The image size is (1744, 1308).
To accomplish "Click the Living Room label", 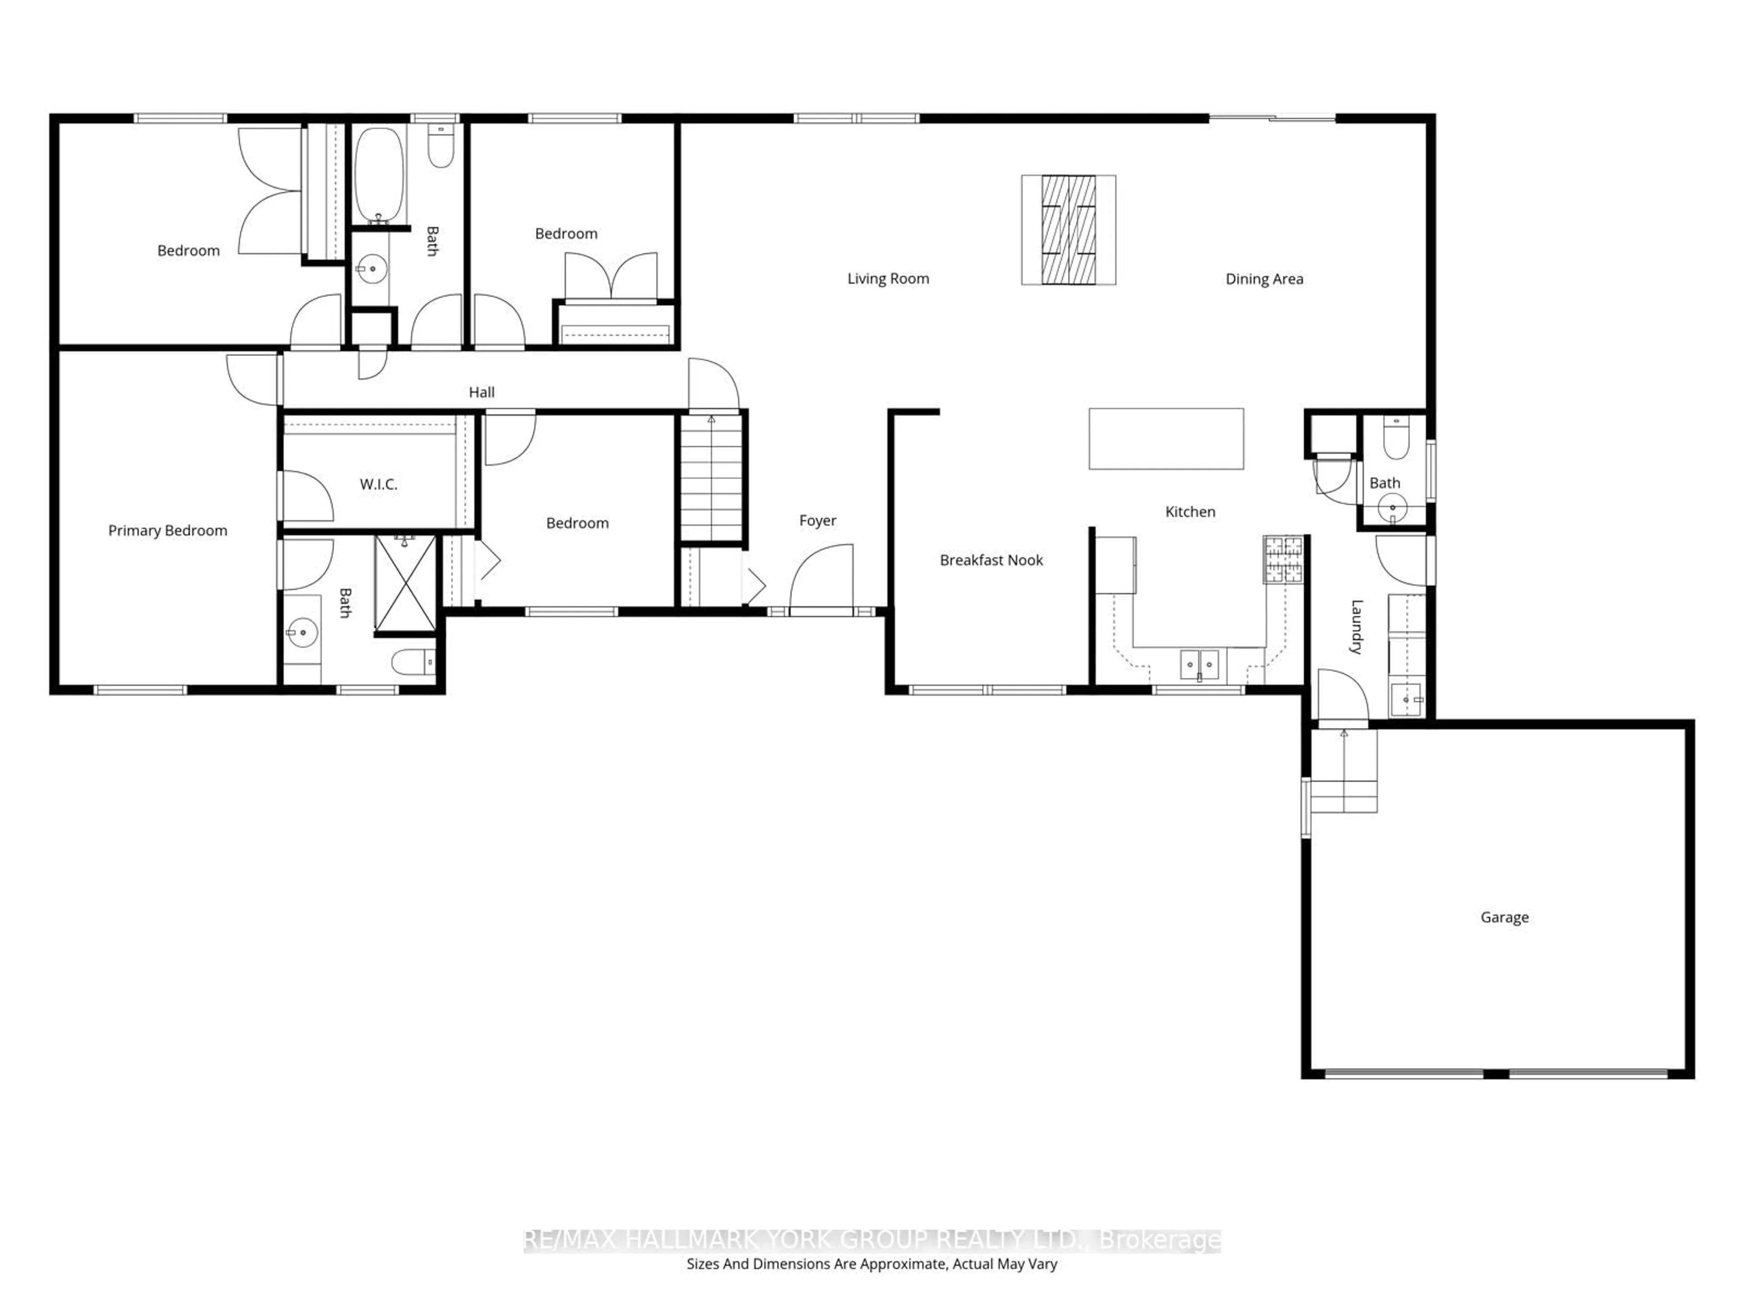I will [888, 278].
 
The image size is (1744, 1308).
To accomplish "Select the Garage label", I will [1504, 917].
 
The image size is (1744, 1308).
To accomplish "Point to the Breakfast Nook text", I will [991, 560].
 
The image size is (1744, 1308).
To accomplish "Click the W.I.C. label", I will [378, 484].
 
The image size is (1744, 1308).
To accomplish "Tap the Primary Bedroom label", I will [167, 530].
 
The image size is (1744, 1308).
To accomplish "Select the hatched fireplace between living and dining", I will [1068, 229].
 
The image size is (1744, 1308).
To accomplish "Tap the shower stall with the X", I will [405, 584].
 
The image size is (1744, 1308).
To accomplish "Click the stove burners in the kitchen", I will [1283, 559].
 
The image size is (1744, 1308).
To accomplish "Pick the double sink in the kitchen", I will [1199, 664].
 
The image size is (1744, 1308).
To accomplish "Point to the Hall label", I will [482, 392].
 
